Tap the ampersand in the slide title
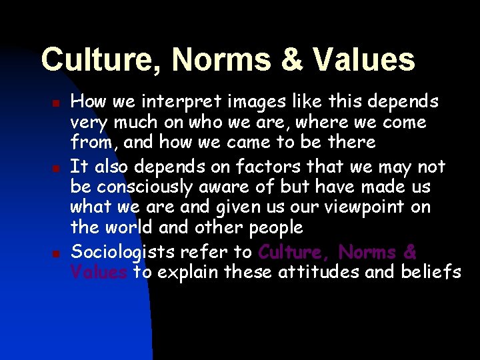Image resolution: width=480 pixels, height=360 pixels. click(x=291, y=60)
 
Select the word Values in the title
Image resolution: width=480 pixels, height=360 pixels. click(x=363, y=60)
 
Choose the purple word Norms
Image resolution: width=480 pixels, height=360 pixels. click(x=367, y=252)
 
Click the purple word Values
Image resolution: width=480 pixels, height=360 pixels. click(x=99, y=272)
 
